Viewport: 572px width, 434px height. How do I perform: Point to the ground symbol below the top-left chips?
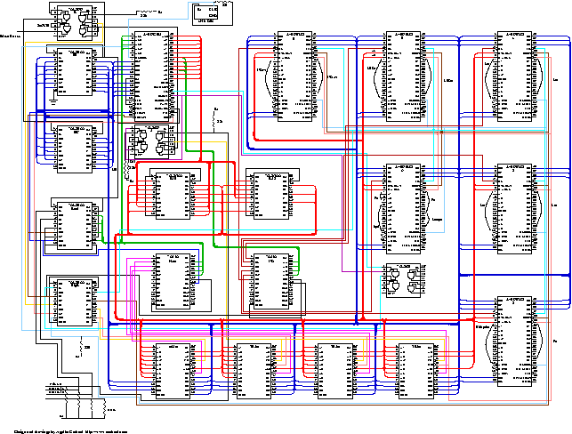pos(52,100)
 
